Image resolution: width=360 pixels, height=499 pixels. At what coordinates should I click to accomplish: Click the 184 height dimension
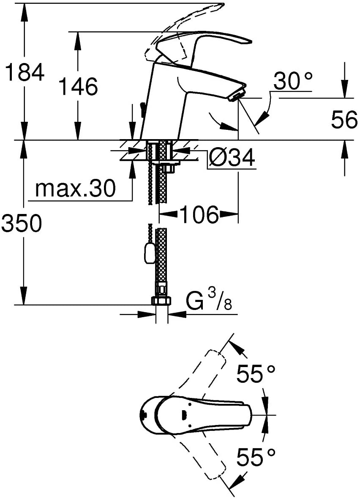tap(25, 72)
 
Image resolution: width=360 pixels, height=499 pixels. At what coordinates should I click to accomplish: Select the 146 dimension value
tap(79, 86)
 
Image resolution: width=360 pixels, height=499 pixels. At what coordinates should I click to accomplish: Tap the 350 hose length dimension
tap(21, 223)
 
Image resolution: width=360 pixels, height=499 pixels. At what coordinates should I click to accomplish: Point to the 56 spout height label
tap(344, 120)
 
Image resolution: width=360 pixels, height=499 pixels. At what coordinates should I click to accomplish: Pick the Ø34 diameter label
tap(232, 158)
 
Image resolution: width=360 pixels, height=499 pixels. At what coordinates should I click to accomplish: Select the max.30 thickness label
tap(75, 189)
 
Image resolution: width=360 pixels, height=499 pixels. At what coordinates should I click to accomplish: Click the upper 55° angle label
tap(256, 373)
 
